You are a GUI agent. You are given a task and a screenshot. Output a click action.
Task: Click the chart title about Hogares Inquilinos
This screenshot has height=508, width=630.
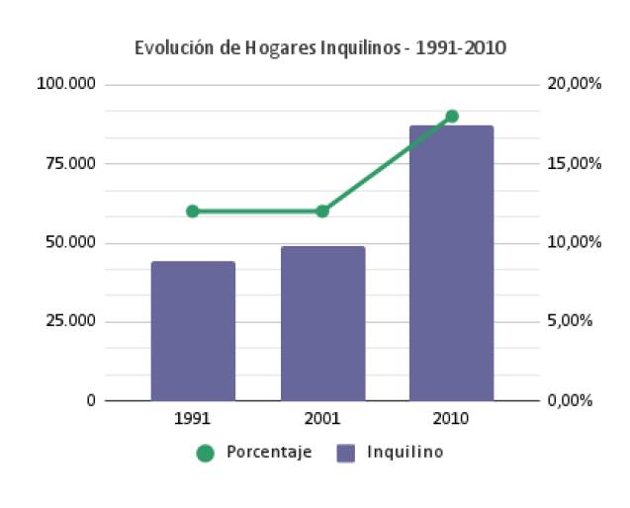[x=320, y=47]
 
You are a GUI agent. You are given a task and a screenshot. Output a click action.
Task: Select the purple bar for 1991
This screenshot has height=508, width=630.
[x=193, y=331]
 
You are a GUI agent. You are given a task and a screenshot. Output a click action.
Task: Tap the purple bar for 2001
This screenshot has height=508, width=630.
[x=322, y=323]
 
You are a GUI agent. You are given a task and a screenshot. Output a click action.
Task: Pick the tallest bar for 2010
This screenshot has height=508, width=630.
[x=452, y=263]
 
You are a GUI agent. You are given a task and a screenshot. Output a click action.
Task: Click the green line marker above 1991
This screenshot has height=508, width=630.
[x=193, y=211]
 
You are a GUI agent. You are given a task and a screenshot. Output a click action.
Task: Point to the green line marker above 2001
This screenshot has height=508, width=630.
[x=322, y=211]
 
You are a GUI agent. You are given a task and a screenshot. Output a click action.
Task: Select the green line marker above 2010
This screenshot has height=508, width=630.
[x=452, y=116]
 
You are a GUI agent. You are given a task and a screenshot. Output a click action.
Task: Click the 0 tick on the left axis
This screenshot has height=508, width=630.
[x=90, y=400]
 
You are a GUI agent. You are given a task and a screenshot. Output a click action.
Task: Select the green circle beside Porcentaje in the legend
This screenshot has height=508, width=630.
[x=206, y=453]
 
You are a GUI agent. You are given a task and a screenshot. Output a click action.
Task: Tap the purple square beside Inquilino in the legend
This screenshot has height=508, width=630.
[x=345, y=453]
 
